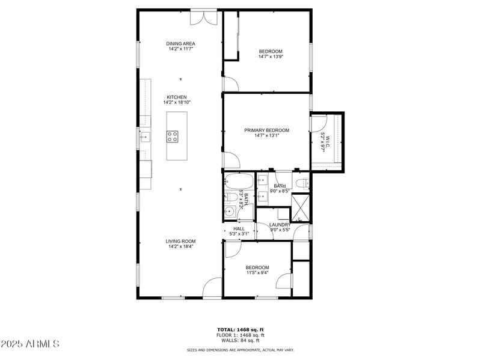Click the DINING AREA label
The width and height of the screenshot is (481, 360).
tap(181, 44)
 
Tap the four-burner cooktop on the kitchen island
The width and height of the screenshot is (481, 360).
tap(173, 136)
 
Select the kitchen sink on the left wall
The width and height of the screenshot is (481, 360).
tap(144, 137)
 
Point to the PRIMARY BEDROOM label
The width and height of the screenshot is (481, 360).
tap(266, 130)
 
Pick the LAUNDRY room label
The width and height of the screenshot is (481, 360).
tap(280, 225)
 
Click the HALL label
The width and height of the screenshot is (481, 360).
tap(239, 229)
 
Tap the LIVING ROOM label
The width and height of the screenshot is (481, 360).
tap(181, 241)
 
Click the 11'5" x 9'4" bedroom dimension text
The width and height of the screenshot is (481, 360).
tap(257, 273)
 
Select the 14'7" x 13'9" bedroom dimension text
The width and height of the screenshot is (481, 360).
tap(271, 57)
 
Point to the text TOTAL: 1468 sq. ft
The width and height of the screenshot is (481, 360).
tap(240, 329)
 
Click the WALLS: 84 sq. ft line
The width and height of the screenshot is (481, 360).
tap(240, 340)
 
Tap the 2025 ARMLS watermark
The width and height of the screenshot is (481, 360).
tap(30, 344)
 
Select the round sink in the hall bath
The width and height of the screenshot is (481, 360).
tap(228, 210)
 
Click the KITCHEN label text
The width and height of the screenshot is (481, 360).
tap(177, 97)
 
